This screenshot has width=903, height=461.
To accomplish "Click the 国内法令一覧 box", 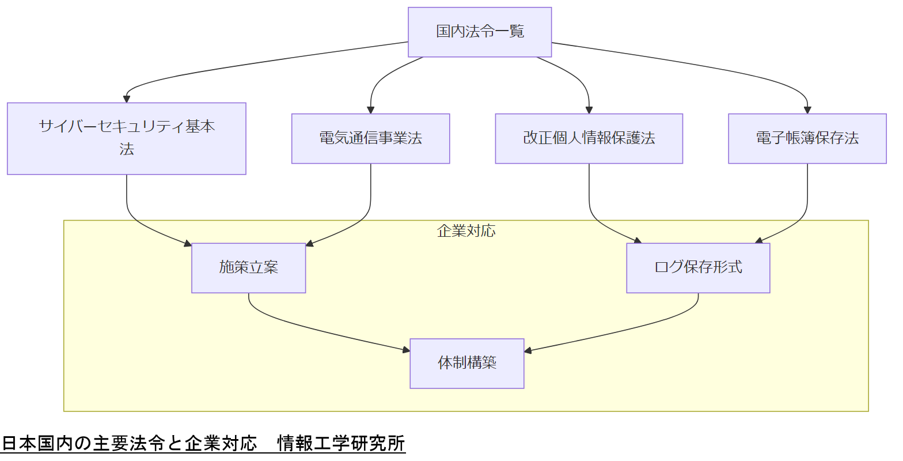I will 480,32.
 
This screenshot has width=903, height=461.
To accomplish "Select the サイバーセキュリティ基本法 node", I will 127,138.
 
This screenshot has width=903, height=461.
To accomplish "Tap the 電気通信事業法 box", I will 370,138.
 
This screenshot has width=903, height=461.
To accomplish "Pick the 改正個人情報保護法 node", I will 589,138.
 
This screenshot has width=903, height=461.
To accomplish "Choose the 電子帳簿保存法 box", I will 807,138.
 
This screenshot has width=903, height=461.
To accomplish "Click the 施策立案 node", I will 248,267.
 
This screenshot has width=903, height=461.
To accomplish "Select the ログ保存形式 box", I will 698,267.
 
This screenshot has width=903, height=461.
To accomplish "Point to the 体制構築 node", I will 466,363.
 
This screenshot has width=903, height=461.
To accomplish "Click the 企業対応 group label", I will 466,231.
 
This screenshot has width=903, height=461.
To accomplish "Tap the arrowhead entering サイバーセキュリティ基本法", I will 127,99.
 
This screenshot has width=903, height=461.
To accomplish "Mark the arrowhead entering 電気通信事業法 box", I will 370,110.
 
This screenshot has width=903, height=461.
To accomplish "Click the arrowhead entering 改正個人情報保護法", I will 589,110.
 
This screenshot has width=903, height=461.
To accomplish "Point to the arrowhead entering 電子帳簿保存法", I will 807,110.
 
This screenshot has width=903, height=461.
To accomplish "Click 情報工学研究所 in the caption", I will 341,444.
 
